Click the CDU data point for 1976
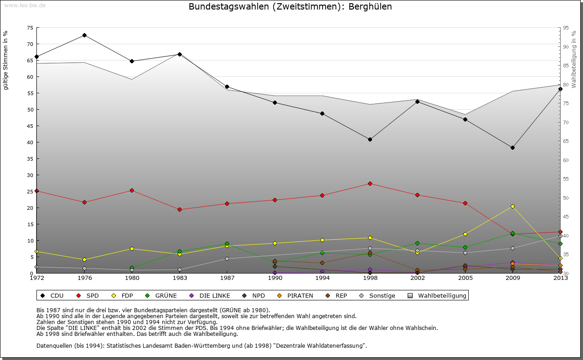pyautogui.click(x=84, y=35)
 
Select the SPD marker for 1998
pyautogui.click(x=370, y=183)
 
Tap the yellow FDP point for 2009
pyautogui.click(x=512, y=206)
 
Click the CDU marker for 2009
pyautogui.click(x=512, y=147)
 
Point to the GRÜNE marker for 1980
pyautogui.click(x=132, y=268)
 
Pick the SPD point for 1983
pyautogui.click(x=179, y=209)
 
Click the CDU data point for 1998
pyautogui.click(x=370, y=139)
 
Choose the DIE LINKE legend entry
pyautogui.click(x=210, y=295)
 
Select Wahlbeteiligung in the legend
pyautogui.click(x=437, y=295)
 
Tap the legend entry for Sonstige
pyautogui.click(x=378, y=295)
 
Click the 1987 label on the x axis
pyautogui.click(x=227, y=278)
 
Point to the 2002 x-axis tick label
pyautogui.click(x=417, y=278)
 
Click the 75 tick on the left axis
pyautogui.click(x=30, y=28)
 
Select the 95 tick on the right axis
pyautogui.click(x=565, y=28)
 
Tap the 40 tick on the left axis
pyautogui.click(x=30, y=142)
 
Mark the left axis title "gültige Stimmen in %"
pyautogui.click(x=6, y=60)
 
